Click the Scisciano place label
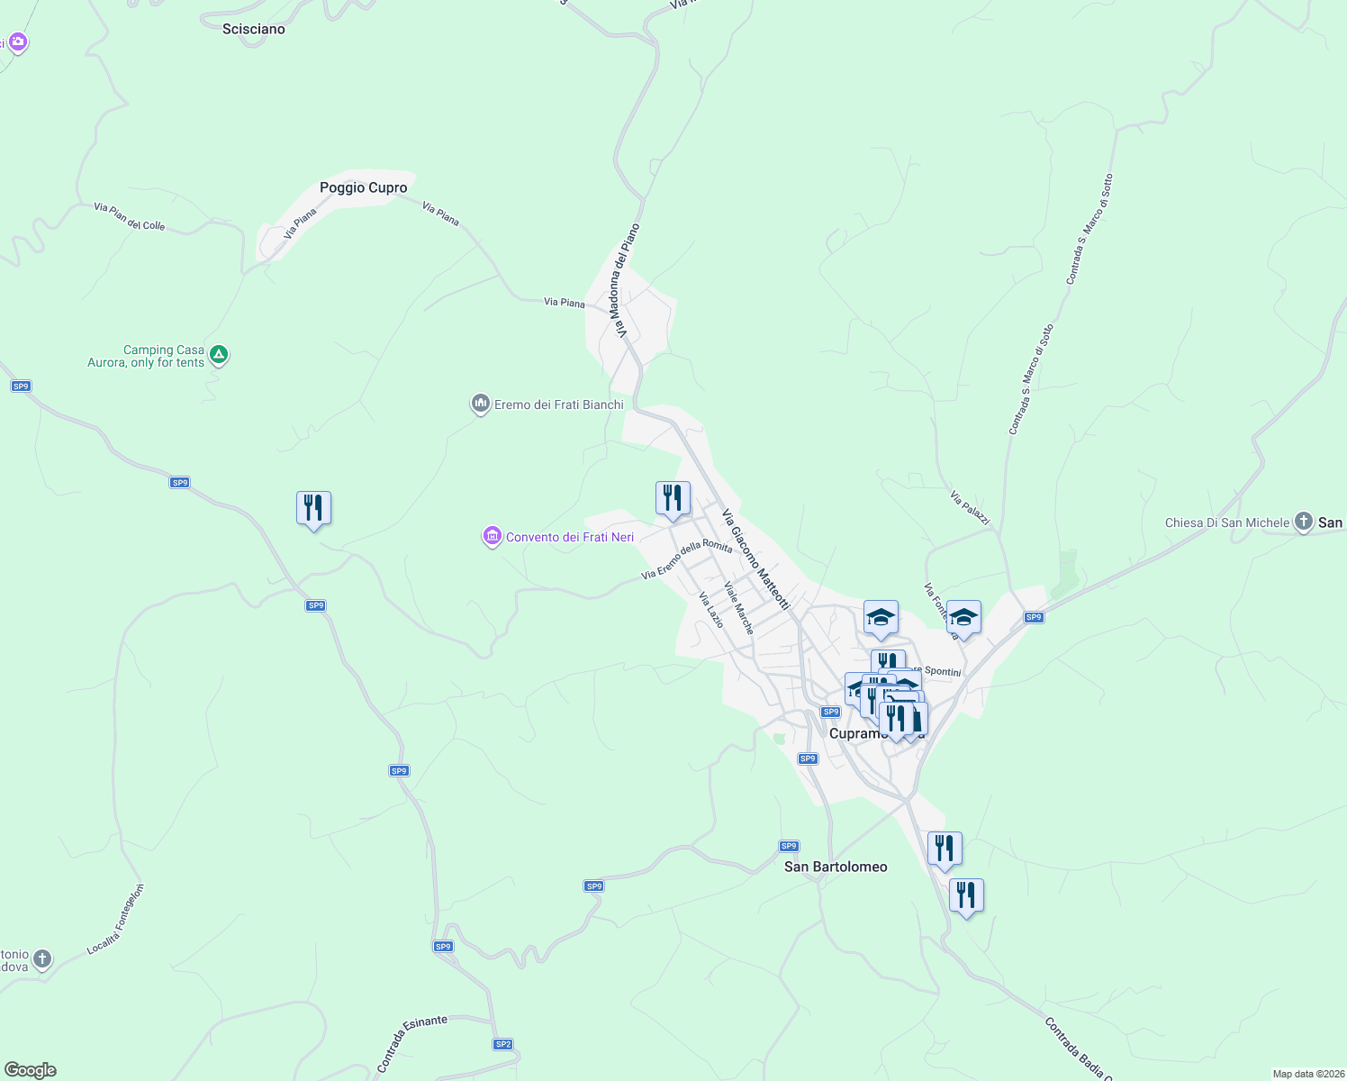(253, 29)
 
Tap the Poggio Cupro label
(363, 187)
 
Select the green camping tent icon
(219, 356)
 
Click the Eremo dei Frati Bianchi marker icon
(480, 404)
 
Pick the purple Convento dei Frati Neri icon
(492, 537)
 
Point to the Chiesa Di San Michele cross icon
(1303, 522)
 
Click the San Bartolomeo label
(836, 867)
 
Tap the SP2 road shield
(502, 1044)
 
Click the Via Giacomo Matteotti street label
(755, 559)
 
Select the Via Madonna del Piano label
(627, 280)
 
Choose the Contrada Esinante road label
(411, 1044)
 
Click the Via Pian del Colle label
(130, 216)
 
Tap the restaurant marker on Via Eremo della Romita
(673, 499)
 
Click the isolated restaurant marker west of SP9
(313, 509)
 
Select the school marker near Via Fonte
(963, 618)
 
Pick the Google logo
(31, 1070)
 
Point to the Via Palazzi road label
(970, 508)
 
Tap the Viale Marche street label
(738, 607)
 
